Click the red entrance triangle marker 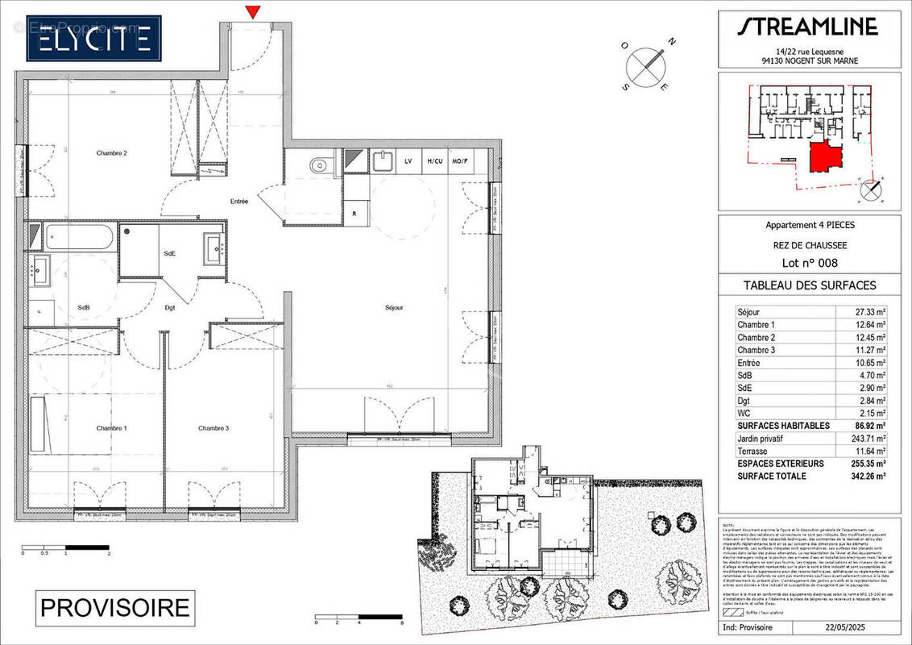[254, 11]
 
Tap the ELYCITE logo [93, 38]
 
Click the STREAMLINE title [807, 27]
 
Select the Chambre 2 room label [112, 153]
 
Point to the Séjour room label [393, 307]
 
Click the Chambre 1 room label [112, 428]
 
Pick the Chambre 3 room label [213, 428]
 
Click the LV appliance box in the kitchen [408, 161]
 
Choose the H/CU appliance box [434, 161]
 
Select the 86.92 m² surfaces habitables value [868, 426]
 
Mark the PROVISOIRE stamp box [115, 607]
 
